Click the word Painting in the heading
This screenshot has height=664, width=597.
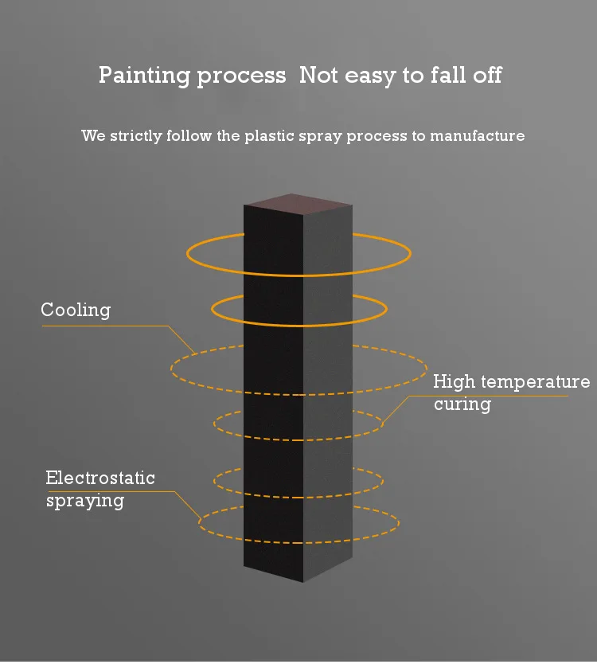pos(142,76)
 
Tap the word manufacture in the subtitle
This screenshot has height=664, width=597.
pos(478,136)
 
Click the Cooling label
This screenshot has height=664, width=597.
pos(76,310)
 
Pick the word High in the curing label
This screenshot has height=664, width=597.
pos(454,382)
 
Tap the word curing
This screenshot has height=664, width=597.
pos(462,404)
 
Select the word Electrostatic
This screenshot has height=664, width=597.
pos(100,478)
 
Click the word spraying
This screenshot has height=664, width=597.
pos(85,501)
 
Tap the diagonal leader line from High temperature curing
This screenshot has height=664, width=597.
pos(396,408)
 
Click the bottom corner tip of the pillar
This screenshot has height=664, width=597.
pos(303,581)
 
